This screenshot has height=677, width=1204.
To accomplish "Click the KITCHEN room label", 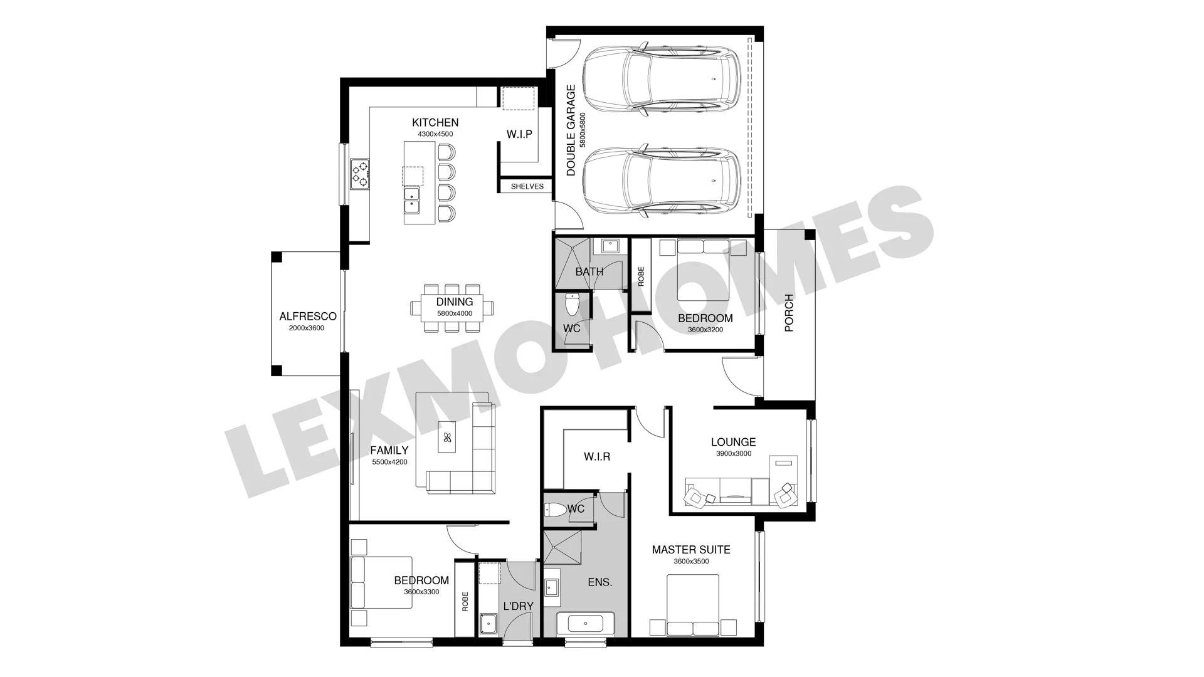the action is point(435,122).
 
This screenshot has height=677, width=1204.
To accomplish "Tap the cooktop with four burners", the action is point(360,174).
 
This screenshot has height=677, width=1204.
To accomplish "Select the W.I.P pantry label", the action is point(519,134).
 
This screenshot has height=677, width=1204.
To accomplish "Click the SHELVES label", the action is point(527,186).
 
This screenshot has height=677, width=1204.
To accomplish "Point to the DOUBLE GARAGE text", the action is point(571,130).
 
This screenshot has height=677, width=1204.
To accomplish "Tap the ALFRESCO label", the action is point(308,317).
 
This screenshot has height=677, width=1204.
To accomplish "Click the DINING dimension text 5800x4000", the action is point(455,313).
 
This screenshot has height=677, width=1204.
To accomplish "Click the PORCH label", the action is point(789,313).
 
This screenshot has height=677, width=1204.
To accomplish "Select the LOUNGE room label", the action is point(733,442).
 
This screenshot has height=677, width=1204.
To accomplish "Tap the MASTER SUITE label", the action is point(691,550).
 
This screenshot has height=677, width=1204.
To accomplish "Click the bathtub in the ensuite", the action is point(585,625).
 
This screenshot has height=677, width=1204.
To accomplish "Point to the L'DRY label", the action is point(519,606).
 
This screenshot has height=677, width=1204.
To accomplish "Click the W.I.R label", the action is point(597,457).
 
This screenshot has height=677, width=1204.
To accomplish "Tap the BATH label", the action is point(589,272).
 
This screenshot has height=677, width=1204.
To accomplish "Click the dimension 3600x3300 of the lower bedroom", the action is point(421,592).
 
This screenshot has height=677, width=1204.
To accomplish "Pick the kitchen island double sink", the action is point(411,199).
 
